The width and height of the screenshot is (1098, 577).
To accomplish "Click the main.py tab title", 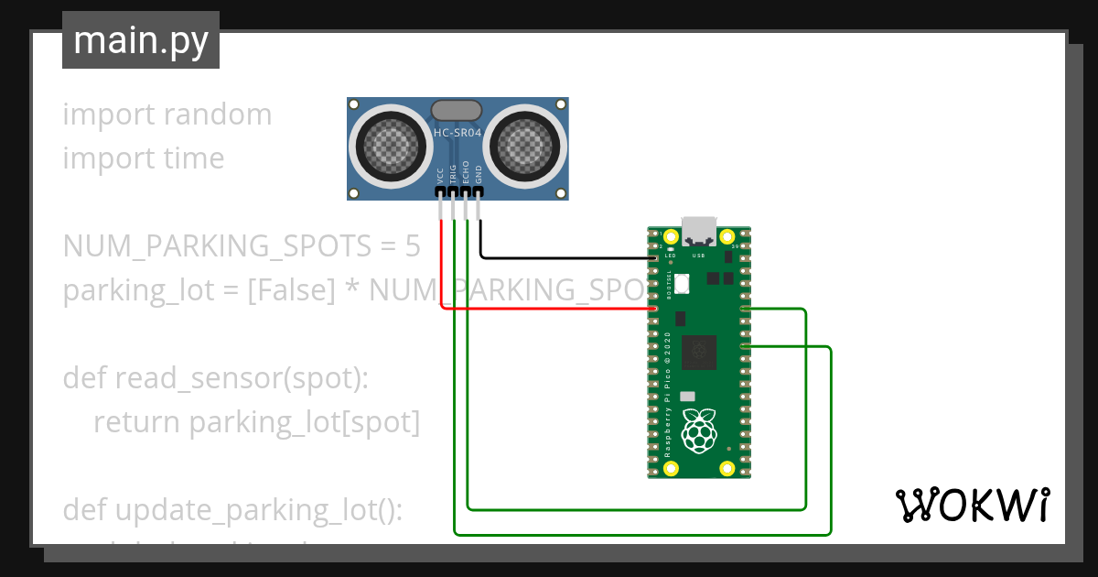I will pos(141,41).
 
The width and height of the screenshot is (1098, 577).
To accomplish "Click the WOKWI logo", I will pos(972,505).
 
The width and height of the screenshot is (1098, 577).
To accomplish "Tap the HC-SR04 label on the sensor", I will pos(457,135).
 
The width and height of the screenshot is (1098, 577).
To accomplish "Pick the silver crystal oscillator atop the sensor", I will pos(457,111).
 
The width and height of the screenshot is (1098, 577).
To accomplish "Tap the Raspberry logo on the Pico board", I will pos(701,431).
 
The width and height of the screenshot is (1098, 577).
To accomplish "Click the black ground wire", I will pos(567,257).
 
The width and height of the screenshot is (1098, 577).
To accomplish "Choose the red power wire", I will pos(549,308).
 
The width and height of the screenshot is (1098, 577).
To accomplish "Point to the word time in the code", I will pos(194,158).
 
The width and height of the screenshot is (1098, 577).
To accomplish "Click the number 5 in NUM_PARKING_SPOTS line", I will pos(413,247).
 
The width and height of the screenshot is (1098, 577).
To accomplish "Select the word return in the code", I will pos(137,422).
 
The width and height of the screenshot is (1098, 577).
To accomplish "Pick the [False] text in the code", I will pos(290,290).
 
